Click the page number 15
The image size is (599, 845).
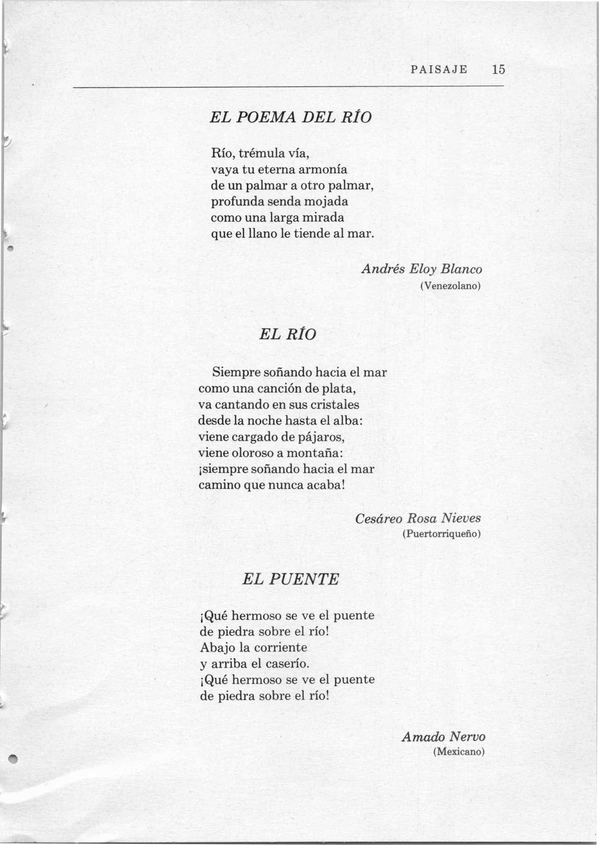(x=498, y=69)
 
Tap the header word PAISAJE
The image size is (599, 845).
(x=439, y=69)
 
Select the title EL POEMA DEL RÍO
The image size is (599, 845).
(x=291, y=118)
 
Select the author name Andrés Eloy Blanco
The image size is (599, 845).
(x=422, y=269)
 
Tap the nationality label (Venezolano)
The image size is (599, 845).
(x=450, y=286)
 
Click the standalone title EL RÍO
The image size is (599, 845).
(x=288, y=334)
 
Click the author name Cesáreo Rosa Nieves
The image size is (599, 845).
(x=418, y=518)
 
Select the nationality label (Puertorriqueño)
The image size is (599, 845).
(x=441, y=534)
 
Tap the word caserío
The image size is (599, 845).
(x=286, y=664)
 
